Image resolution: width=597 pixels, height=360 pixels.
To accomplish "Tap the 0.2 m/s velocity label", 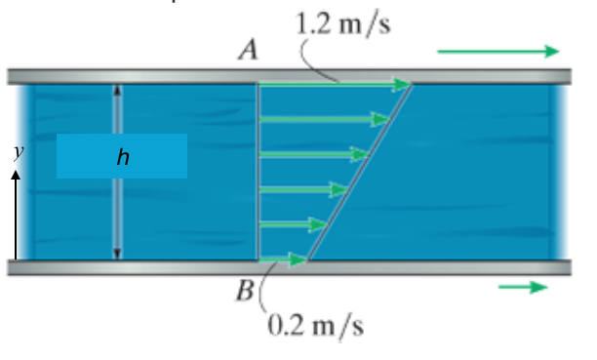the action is click(x=314, y=325).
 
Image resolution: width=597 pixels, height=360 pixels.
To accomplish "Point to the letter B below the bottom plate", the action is click(x=246, y=291).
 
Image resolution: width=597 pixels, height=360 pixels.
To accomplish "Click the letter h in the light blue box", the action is click(x=122, y=157).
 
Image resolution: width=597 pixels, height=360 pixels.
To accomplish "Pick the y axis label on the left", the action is click(x=17, y=151).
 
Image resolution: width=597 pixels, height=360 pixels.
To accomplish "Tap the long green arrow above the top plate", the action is click(x=497, y=51).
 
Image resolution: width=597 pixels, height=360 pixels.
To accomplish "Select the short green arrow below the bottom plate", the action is click(x=523, y=287).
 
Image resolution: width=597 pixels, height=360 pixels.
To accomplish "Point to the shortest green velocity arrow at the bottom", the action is click(x=283, y=259).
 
